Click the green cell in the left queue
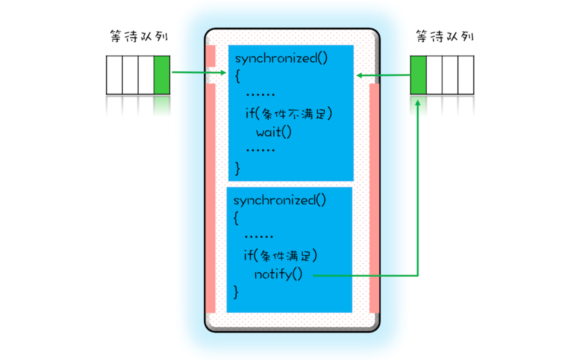click(x=162, y=74)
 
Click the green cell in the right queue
click(x=418, y=74)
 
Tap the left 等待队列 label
click(x=138, y=36)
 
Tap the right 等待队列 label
click(x=444, y=36)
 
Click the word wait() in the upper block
click(x=273, y=132)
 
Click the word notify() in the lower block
click(x=278, y=274)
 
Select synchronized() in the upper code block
click(x=281, y=58)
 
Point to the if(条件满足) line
click(x=280, y=256)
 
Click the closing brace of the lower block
click(x=236, y=291)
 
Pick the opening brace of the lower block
click(x=236, y=219)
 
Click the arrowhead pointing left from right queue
click(x=359, y=75)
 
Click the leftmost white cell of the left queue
click(x=114, y=74)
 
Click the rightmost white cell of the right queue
click(x=466, y=74)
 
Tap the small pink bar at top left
click(x=210, y=55)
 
